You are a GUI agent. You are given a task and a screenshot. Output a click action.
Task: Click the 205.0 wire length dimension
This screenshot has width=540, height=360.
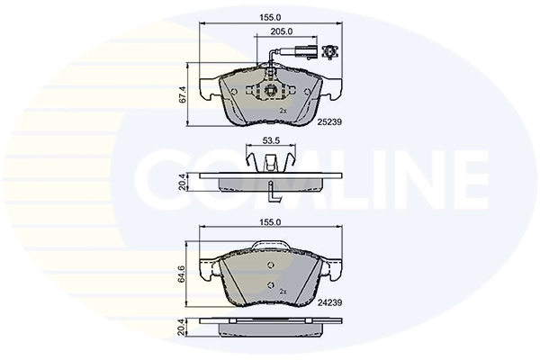tap(282, 31)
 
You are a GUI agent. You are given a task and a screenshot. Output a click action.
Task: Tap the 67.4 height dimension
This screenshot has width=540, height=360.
tap(183, 94)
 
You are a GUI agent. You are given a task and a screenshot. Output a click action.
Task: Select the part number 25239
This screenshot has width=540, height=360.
tap(329, 121)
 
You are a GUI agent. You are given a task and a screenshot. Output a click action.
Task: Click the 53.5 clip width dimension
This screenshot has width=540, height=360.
tap(270, 140)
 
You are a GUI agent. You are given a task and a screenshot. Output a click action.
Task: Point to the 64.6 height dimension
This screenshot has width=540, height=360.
tap(183, 274)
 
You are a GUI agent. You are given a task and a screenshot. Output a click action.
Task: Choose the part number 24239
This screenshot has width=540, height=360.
tap(329, 302)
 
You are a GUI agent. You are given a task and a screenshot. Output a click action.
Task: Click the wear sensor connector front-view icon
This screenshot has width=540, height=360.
tap(330, 51)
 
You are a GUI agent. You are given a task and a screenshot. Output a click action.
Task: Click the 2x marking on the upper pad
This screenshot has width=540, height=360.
tap(283, 111)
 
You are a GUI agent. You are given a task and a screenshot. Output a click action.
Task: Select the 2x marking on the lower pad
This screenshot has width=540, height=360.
tap(283, 292)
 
